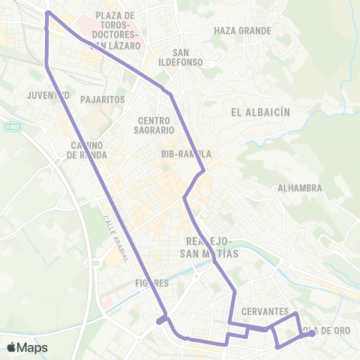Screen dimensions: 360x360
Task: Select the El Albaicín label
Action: coord(261,112)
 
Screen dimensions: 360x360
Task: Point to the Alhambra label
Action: coord(299,188)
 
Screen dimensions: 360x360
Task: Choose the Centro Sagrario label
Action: coord(157,124)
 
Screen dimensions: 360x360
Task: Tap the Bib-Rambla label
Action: coord(186,154)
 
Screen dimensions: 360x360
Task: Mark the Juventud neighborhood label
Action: coord(48,96)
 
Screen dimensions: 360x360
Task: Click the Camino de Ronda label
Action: coord(87,150)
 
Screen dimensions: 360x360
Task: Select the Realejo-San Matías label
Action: coord(211,247)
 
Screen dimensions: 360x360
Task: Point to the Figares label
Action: coord(150,283)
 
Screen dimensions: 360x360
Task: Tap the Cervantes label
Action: coord(265,310)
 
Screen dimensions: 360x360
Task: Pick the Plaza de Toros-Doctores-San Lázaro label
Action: coord(115,30)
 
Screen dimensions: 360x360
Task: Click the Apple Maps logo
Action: coord(27,347)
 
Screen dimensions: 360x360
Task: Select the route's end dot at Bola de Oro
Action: coord(313,333)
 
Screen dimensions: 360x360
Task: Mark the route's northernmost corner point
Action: coord(47,12)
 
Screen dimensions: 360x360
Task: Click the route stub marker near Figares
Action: coord(160,321)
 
